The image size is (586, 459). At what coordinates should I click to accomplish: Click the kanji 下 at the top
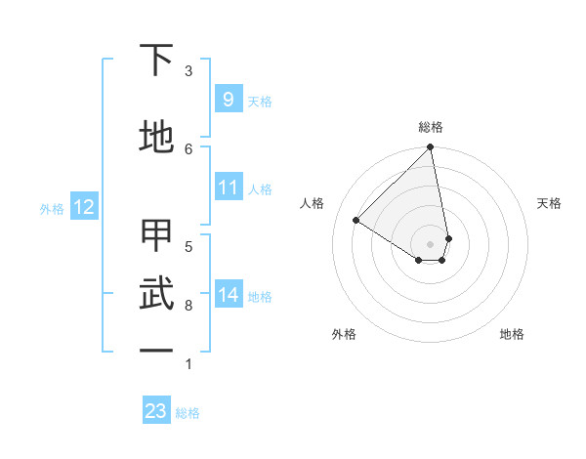(x=156, y=61)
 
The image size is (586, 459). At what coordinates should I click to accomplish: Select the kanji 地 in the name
(x=156, y=137)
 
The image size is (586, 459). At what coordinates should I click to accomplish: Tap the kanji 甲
(x=156, y=235)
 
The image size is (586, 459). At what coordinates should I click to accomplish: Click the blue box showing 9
(x=228, y=100)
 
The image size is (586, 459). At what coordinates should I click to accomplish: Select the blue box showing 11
(x=228, y=188)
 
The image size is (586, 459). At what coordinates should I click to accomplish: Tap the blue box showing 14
(x=228, y=295)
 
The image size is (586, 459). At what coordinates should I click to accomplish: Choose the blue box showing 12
(x=83, y=207)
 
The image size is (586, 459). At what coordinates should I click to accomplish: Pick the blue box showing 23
(x=156, y=411)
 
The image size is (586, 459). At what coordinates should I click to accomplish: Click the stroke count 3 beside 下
(x=188, y=70)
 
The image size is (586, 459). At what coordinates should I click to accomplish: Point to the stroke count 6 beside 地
(x=188, y=147)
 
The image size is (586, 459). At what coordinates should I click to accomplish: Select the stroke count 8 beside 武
(x=188, y=306)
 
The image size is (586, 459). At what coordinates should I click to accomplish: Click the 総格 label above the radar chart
(x=431, y=127)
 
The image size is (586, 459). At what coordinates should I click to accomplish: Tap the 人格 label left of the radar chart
(x=313, y=203)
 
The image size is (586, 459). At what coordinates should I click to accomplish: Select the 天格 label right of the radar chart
(x=549, y=203)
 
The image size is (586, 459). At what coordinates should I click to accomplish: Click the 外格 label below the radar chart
(x=344, y=334)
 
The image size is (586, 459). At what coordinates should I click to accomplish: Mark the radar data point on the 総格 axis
(x=431, y=148)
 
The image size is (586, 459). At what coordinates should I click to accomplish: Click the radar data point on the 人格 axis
(x=356, y=221)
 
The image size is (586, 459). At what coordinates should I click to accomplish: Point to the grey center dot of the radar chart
(x=431, y=242)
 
